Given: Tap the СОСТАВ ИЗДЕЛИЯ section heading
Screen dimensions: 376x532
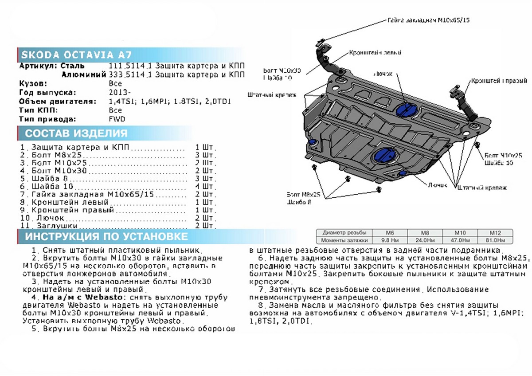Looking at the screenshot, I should pos(76,133).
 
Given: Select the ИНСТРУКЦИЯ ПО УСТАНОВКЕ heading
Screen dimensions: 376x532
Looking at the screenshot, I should pos(106,236).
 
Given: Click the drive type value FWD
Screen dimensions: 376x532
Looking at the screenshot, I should pos(117,119).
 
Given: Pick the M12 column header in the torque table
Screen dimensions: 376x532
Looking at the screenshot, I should pos(494,233).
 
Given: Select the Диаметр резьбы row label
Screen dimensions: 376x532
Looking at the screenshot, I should pos(344,233).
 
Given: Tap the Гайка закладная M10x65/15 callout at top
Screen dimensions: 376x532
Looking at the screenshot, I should pos(428,20).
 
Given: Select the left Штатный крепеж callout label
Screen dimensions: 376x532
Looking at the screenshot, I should pos(271,94).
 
